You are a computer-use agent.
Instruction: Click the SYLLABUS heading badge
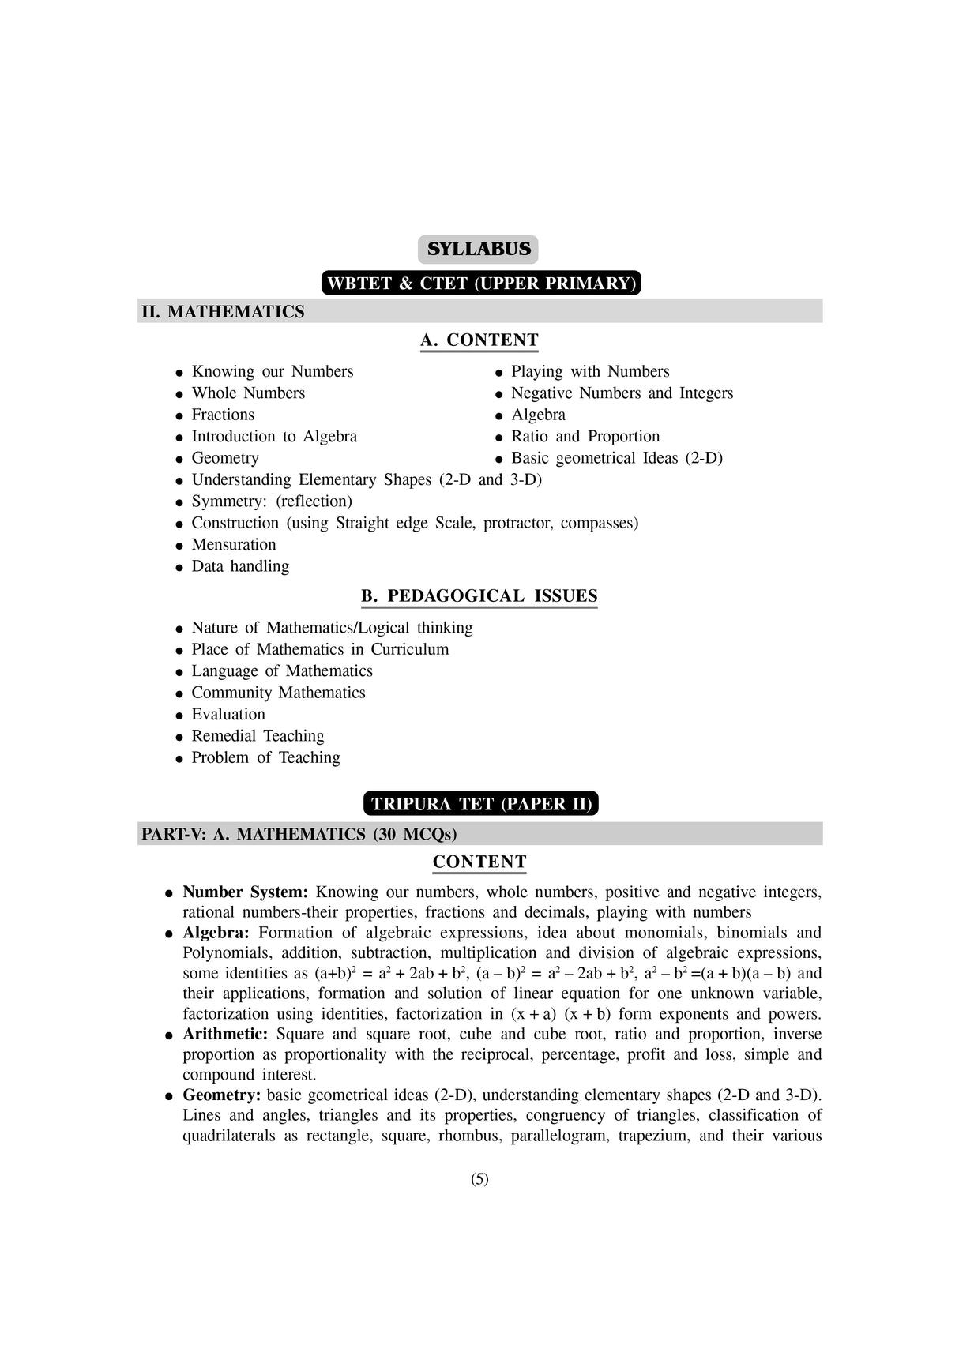(x=478, y=250)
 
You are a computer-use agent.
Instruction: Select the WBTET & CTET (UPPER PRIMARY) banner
(x=480, y=284)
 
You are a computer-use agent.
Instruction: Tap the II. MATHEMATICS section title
(x=223, y=312)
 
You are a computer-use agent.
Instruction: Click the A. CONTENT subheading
(x=479, y=340)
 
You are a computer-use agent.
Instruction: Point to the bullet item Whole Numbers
(x=248, y=393)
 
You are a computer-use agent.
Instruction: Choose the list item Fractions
(x=223, y=415)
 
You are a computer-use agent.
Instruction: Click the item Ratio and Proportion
(x=585, y=437)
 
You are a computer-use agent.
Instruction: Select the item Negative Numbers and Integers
(x=622, y=393)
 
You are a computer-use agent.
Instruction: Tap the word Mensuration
(x=234, y=545)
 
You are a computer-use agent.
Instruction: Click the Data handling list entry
(x=240, y=566)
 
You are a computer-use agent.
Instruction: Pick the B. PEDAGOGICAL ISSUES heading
(x=479, y=596)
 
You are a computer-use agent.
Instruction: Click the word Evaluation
(x=228, y=714)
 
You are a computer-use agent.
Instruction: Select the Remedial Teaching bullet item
(x=258, y=736)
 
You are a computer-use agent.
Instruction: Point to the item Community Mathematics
(x=278, y=693)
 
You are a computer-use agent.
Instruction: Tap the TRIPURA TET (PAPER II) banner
(x=481, y=804)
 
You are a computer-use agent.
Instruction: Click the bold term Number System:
(x=245, y=892)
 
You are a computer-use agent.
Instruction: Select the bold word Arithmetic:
(x=225, y=1035)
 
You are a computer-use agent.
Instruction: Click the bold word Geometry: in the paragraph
(x=221, y=1095)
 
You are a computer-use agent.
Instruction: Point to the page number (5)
(x=479, y=1179)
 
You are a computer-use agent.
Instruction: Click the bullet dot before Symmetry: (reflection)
(x=180, y=502)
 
